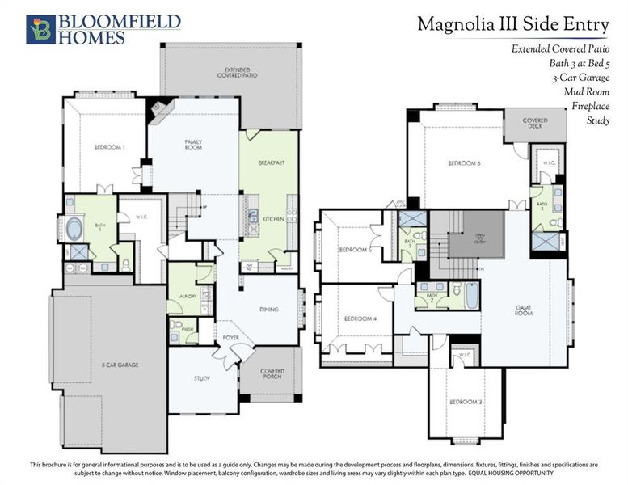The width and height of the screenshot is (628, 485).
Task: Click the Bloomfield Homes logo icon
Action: tap(40, 28)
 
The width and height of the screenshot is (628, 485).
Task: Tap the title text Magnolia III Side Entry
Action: tap(512, 24)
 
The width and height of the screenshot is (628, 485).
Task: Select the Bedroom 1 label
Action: tap(111, 147)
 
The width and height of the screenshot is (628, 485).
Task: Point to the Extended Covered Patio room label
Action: tap(232, 73)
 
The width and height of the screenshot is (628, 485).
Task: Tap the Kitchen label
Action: tap(272, 219)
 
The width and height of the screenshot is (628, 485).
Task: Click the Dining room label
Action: tap(268, 309)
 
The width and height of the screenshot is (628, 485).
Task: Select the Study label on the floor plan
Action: tap(202, 377)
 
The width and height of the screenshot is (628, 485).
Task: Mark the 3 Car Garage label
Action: tap(120, 365)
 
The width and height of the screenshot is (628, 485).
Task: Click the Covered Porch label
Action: tap(272, 374)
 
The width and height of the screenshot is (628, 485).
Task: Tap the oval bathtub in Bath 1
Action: tap(74, 226)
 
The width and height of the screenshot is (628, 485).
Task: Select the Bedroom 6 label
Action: tap(464, 164)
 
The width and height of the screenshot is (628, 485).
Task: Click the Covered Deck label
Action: tap(534, 123)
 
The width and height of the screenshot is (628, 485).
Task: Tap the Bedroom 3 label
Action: tap(466, 402)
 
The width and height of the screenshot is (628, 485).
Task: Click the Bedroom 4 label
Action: tap(352, 318)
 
